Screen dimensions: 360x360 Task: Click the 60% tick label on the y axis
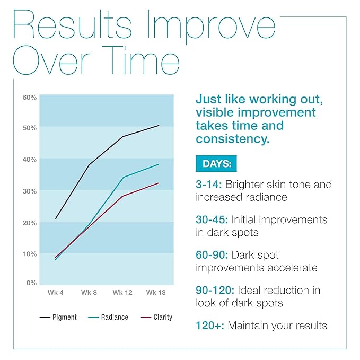pyautogui.click(x=29, y=97)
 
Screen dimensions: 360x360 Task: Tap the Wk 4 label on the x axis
pyautogui.click(x=55, y=292)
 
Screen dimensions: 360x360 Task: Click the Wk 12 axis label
pyautogui.click(x=122, y=292)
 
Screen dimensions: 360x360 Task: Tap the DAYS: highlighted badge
pyautogui.click(x=216, y=164)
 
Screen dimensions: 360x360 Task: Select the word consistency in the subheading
pyautogui.click(x=232, y=139)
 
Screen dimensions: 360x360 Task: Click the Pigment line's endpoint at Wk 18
pyautogui.click(x=159, y=125)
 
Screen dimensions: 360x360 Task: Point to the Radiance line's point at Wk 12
pyautogui.click(x=123, y=177)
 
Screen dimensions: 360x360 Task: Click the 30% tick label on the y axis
pyautogui.click(x=29, y=191)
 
